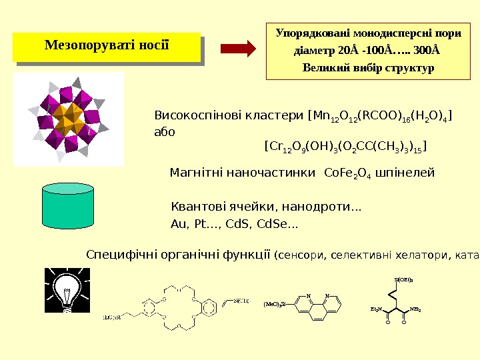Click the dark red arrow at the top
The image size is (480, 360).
tap(239, 49)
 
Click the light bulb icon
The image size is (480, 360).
tap(67, 290)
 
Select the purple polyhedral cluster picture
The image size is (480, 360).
tap(68, 119)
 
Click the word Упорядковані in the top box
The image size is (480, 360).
tap(313, 32)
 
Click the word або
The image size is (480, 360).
tap(164, 131)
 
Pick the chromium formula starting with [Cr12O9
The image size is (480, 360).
tap(345, 146)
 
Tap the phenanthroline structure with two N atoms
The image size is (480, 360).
tap(319, 305)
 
